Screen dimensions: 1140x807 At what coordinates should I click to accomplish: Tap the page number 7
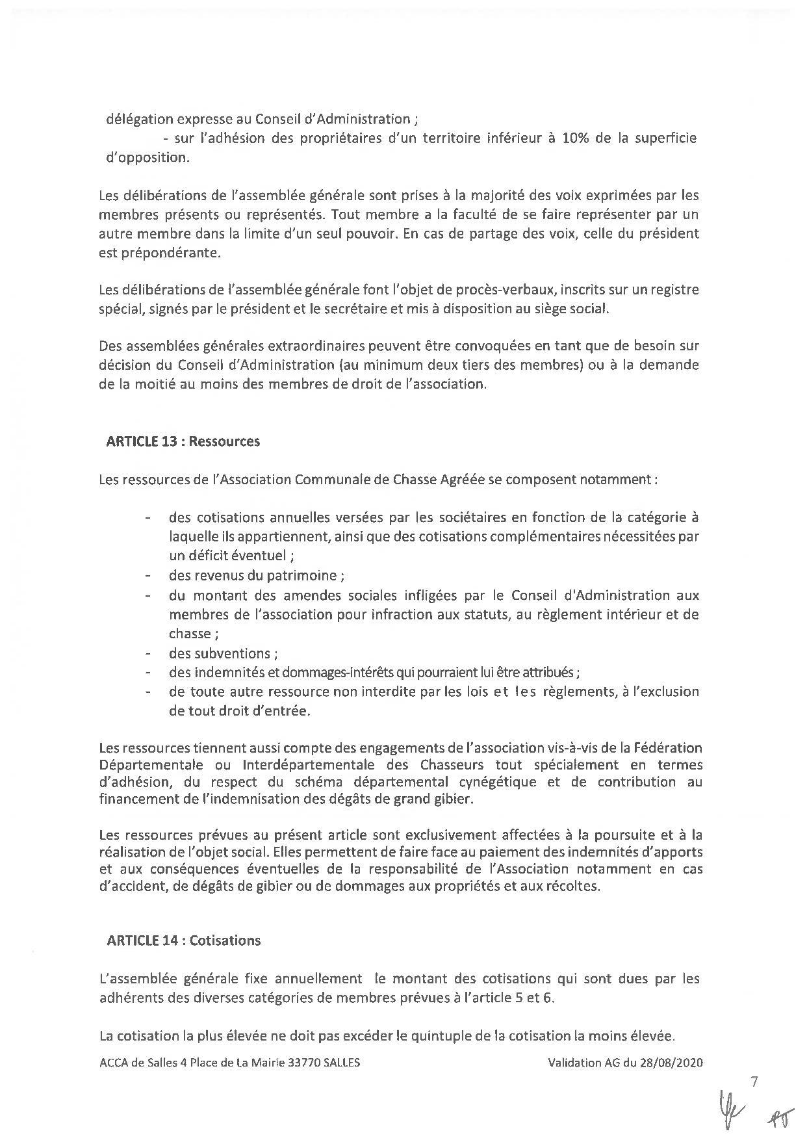pos(754,1082)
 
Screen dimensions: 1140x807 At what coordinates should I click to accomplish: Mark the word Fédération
pos(667,747)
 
